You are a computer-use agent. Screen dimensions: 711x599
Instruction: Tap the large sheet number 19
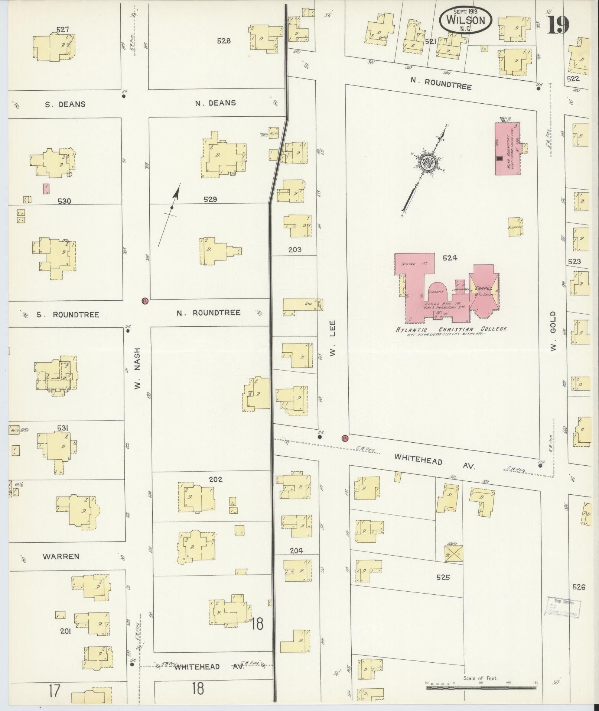point(558,25)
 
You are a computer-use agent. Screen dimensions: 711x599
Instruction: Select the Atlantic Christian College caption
point(451,329)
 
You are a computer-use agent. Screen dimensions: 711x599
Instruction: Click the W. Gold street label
point(553,332)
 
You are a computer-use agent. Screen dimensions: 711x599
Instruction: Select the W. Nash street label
point(137,368)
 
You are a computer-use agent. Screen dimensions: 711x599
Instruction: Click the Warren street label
point(61,556)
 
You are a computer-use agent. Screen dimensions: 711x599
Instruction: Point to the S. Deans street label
point(65,104)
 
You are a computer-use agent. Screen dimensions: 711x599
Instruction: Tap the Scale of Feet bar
point(481,688)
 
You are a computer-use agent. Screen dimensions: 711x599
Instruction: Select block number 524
point(449,258)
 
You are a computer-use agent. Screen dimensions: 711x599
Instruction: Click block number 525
point(443,577)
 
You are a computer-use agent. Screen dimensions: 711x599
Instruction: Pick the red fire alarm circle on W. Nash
point(145,301)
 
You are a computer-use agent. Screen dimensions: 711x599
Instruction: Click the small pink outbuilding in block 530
point(46,188)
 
